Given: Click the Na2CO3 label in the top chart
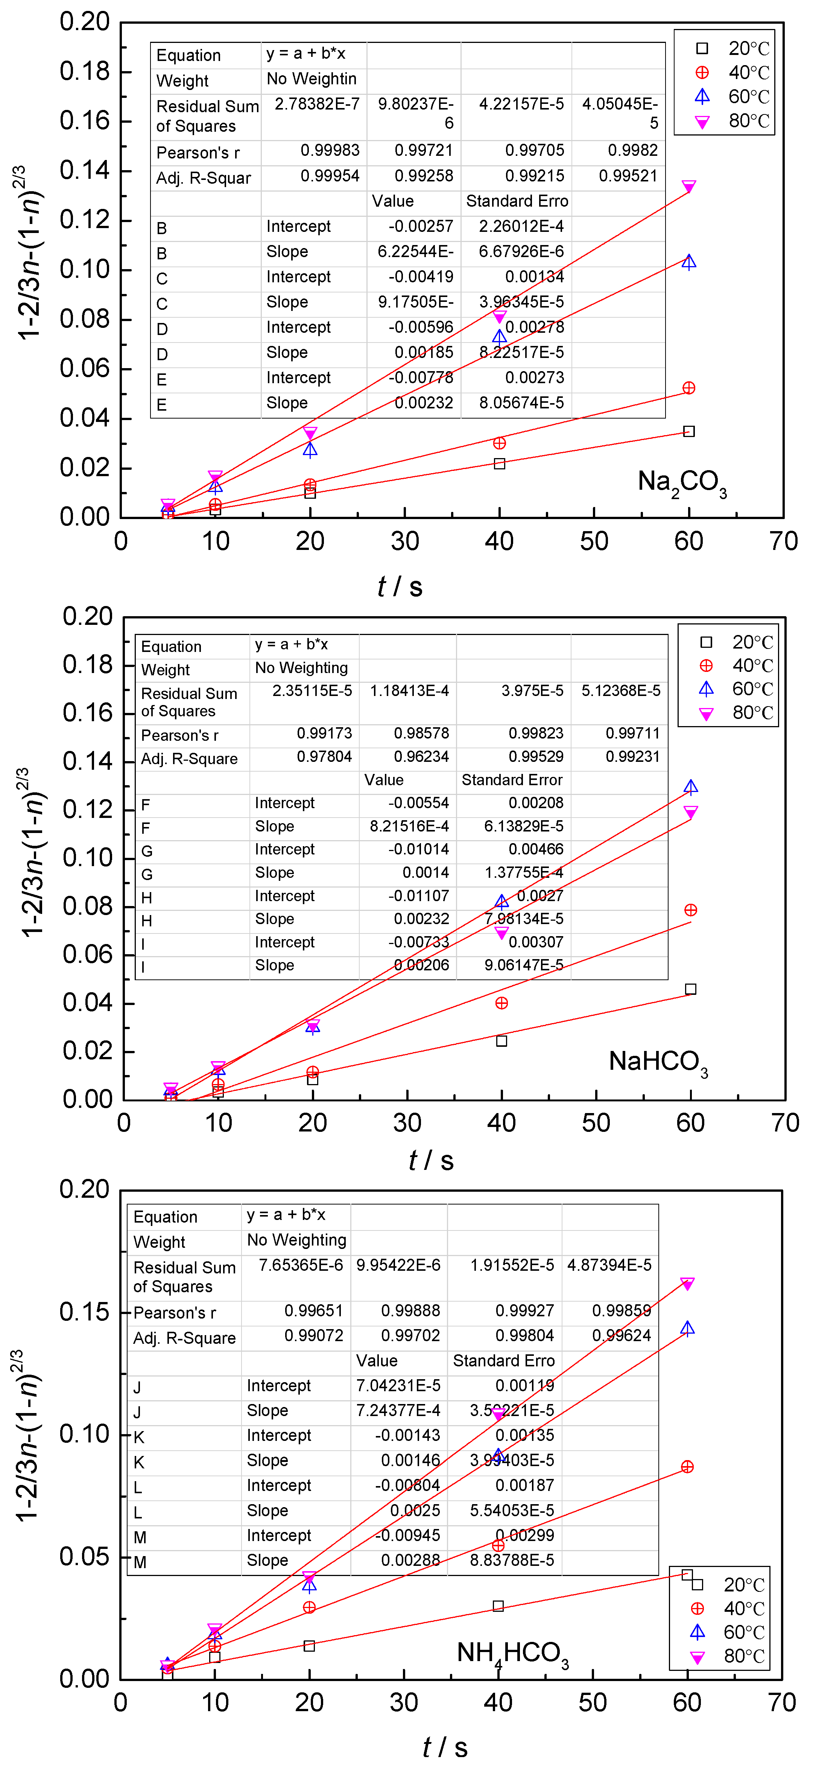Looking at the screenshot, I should pos(681,483).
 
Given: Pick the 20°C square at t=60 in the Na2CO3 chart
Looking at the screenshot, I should pos(689,431).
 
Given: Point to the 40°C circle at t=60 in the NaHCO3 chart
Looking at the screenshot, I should pos(690,910).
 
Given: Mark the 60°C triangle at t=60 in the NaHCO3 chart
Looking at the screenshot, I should pos(690,787).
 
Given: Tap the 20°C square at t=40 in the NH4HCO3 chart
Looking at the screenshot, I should pos(498,1606).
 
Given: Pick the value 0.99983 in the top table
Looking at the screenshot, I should pos(329,150).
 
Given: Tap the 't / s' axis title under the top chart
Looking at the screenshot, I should pos(400,587).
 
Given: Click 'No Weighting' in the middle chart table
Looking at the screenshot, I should pos(301,668).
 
